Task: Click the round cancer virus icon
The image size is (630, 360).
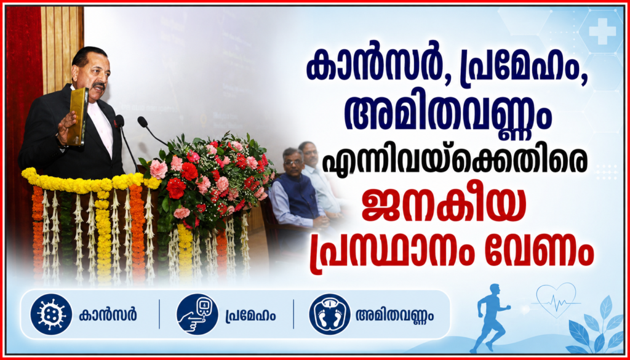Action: (51, 314)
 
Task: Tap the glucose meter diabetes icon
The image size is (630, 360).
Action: (197, 314)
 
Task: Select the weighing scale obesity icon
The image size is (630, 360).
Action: (330, 314)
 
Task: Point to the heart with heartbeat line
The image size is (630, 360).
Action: (556, 300)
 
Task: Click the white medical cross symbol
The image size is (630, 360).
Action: (602, 31)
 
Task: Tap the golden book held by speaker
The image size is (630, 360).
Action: (78, 116)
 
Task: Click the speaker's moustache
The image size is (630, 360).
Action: (98, 85)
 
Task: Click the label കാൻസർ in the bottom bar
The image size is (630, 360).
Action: (108, 314)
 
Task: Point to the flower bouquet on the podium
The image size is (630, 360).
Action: (208, 180)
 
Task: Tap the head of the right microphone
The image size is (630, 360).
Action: (143, 122)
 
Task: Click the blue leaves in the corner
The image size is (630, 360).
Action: (595, 326)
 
